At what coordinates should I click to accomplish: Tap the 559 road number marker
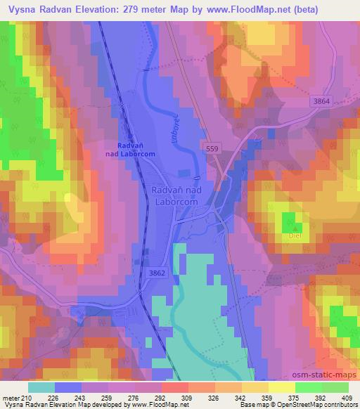213,149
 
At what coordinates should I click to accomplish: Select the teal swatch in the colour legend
41,387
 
